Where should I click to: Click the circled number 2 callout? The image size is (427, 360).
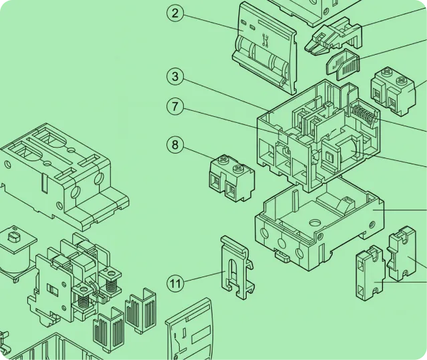tap(175, 13)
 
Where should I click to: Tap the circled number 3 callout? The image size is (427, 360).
tap(175, 76)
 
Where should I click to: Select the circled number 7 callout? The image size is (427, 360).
tap(175, 106)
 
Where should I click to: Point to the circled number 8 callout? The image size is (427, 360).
tap(175, 144)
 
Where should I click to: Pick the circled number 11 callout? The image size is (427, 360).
tap(175, 284)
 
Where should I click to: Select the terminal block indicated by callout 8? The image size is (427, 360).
tap(233, 178)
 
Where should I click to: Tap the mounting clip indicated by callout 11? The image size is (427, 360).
tap(238, 267)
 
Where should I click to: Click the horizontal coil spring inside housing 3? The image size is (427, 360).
tap(363, 114)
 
